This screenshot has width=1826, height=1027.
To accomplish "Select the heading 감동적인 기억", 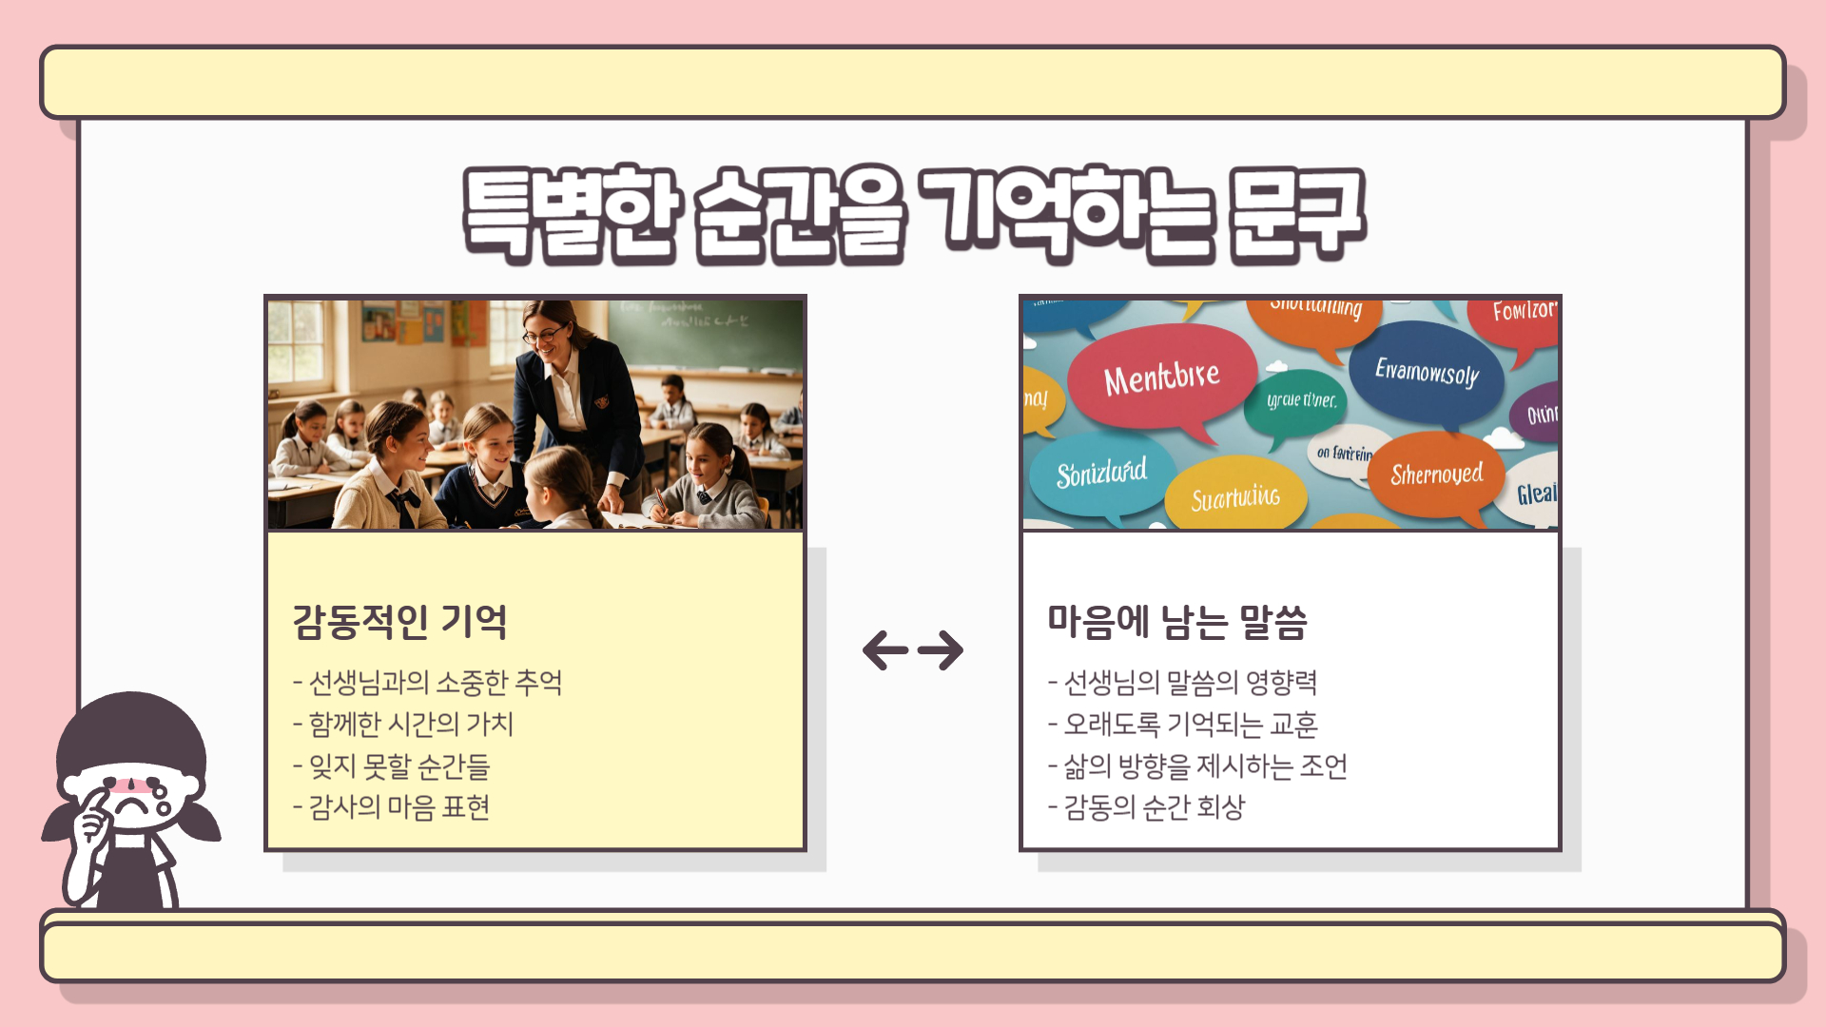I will coord(399,622).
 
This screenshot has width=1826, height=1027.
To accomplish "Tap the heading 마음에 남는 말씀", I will coord(1177,622).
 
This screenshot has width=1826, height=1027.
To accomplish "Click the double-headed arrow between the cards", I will coord(913,650).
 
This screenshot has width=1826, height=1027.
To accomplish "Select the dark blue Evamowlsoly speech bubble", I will coord(1427,372).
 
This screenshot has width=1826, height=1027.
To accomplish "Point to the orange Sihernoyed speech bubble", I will coord(1436,474).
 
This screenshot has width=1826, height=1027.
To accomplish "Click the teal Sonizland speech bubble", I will coord(1101,473).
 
